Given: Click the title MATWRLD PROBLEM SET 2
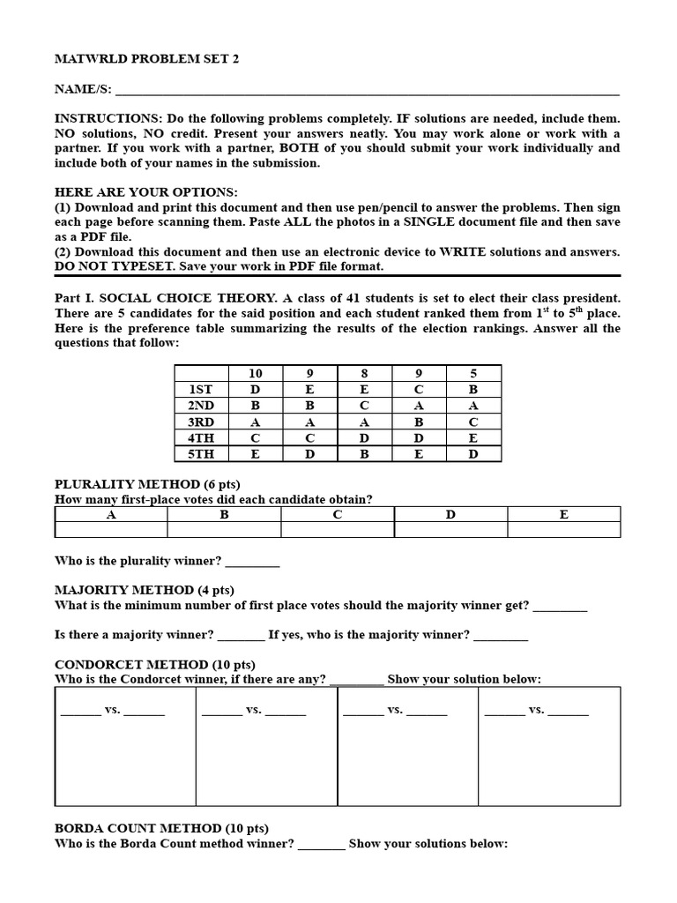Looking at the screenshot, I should tap(146, 59).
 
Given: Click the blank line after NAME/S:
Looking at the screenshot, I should tap(367, 91).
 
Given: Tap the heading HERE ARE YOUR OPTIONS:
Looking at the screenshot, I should tap(145, 192).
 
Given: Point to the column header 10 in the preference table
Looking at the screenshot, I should tap(256, 373).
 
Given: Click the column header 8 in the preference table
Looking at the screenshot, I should tap(364, 373).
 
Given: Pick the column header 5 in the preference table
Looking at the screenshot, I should tap(473, 373).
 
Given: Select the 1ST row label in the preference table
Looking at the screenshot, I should tap(201, 389).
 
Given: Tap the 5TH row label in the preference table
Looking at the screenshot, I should tap(201, 453).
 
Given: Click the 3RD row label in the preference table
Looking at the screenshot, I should tap(201, 422).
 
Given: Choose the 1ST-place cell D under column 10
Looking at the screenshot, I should tap(256, 389).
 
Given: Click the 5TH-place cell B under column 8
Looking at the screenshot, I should tap(364, 453).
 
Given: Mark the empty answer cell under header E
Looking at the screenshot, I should tap(564, 530).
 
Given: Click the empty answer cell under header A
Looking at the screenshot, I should tap(111, 530).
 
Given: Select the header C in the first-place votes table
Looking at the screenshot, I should tap(338, 514).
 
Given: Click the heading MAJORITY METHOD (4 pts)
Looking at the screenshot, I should tap(145, 590).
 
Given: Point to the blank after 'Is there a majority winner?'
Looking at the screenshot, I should tap(241, 635).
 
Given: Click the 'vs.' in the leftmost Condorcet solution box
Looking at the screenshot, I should tap(113, 710).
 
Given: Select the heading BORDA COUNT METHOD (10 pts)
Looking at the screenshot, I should tap(161, 828).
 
